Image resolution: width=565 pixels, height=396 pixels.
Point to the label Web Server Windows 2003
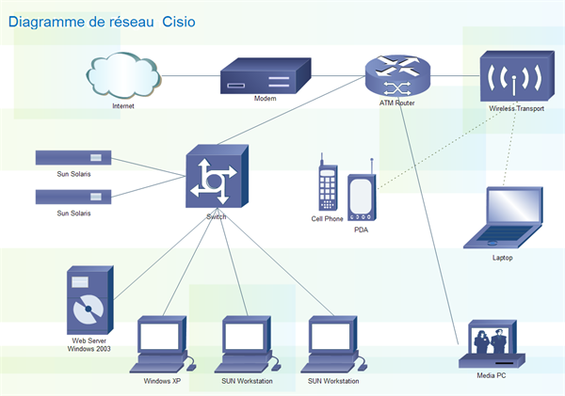tap(90, 343)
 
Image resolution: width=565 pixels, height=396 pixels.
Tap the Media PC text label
tap(492, 375)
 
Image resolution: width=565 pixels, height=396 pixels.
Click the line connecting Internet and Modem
tap(188, 75)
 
